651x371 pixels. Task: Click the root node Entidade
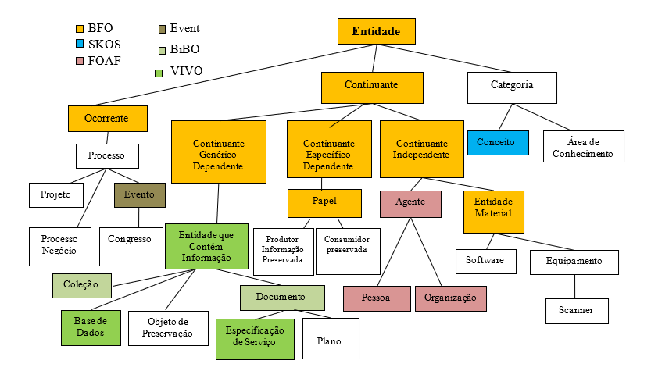(376, 32)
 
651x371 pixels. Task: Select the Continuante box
(371, 85)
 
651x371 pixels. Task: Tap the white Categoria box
(512, 85)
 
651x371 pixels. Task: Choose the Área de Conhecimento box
(584, 147)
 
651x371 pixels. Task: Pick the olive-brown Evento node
(139, 194)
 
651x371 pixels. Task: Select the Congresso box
(130, 239)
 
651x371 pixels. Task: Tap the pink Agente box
(410, 202)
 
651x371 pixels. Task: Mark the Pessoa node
(377, 298)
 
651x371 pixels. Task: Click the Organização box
(450, 298)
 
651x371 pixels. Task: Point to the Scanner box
(578, 310)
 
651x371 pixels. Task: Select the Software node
(485, 261)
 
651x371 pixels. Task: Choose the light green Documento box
(281, 298)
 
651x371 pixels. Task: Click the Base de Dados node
(90, 327)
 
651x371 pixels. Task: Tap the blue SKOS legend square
(70, 45)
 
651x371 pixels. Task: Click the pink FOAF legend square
(70, 60)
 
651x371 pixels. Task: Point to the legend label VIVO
(186, 71)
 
